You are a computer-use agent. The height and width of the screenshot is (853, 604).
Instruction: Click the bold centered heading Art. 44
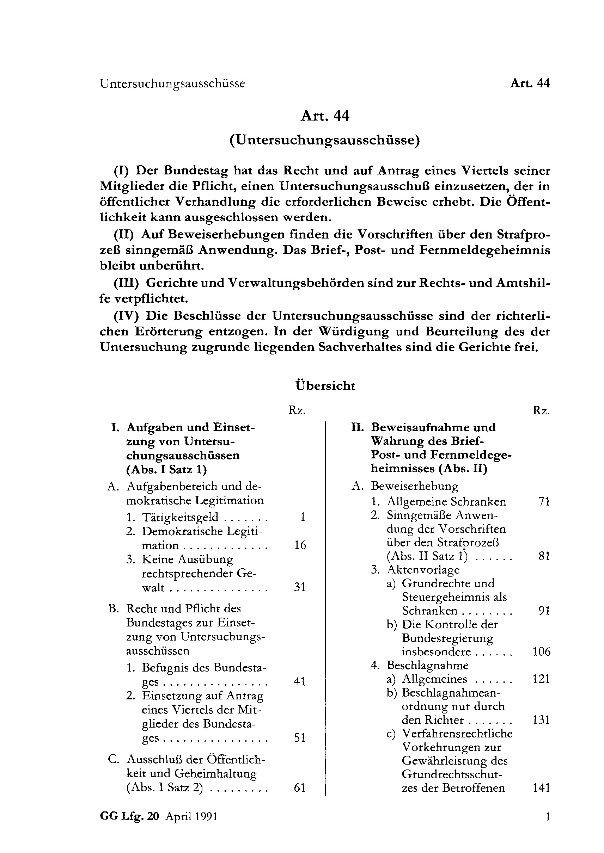point(325,116)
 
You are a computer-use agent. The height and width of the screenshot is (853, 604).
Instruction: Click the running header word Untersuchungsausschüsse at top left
point(172,84)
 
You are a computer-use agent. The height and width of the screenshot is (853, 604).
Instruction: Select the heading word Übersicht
point(325,385)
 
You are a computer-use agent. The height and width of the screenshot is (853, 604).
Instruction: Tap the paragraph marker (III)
point(126,283)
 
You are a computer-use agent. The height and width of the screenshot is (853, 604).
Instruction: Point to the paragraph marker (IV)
point(126,316)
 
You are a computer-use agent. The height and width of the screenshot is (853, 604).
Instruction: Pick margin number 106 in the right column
point(541,651)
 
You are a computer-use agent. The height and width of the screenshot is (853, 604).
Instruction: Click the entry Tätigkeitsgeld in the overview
point(180,517)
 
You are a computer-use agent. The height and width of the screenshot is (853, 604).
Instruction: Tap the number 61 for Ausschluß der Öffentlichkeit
point(300,787)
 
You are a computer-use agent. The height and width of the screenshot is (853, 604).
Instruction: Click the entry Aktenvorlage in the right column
point(423,570)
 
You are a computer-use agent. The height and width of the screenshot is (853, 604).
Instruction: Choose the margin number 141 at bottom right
point(541,787)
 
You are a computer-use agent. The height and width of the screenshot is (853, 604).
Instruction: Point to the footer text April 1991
point(191,817)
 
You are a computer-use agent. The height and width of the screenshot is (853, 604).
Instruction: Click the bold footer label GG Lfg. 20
point(129,817)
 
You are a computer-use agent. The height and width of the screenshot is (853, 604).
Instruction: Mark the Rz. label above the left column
point(297,410)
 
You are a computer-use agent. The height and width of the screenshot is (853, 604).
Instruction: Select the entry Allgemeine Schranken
point(446,502)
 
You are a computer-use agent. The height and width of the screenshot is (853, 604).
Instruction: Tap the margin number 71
point(544,502)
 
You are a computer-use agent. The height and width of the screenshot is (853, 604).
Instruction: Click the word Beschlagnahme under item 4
point(427,665)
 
